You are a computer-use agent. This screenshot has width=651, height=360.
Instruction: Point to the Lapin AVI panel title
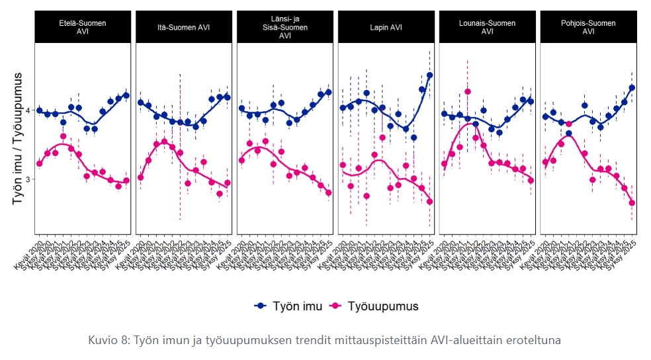pos(386,27)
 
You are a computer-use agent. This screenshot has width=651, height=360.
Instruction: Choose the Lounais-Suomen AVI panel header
pos(488,27)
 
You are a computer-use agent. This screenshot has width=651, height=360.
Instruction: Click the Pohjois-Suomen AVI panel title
pos(589,27)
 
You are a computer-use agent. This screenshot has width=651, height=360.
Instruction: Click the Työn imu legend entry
pos(289,306)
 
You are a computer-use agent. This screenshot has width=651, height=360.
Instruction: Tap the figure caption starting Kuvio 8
pos(324,340)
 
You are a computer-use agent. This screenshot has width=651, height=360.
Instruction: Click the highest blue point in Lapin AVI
pos(429,75)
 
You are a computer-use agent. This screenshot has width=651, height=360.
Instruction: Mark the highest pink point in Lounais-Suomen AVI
pos(468,91)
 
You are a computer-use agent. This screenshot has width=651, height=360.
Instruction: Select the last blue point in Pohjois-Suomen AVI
pos(632,87)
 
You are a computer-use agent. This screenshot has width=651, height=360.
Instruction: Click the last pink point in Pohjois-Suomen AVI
pos(632,202)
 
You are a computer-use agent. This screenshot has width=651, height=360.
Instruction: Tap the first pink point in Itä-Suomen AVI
pos(140,177)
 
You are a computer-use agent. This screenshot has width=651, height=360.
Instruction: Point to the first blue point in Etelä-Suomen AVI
pos(39,111)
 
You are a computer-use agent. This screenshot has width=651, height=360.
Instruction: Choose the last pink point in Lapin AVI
pos(429,202)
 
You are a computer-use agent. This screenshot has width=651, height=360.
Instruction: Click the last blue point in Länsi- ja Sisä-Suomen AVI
pos(328,92)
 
